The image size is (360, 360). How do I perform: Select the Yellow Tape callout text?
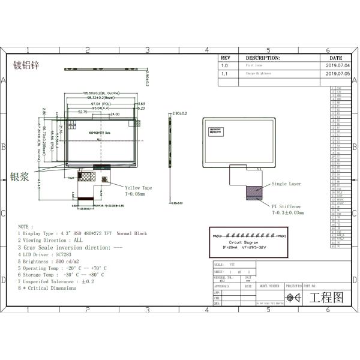pos(138,188)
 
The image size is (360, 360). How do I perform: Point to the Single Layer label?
pos(286,184)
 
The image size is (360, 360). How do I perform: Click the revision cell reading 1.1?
pos(224,73)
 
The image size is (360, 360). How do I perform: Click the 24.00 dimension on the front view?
pos(114,112)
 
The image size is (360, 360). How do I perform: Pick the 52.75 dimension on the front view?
pos(83,112)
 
